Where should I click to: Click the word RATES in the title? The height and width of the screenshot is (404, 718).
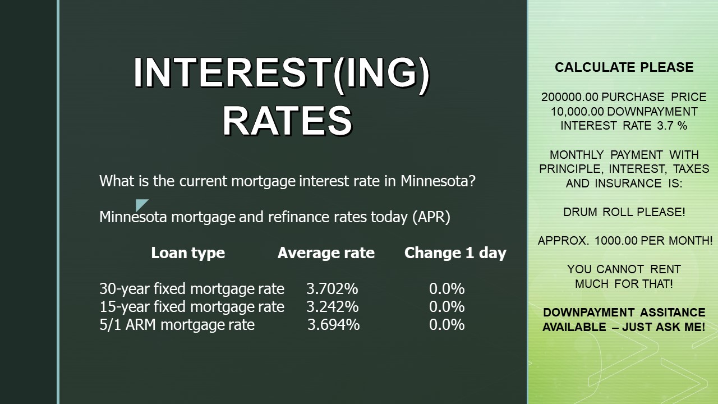tap(288, 121)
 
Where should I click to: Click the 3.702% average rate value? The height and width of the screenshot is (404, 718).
tap(332, 288)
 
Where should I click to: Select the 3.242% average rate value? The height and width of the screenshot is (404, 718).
tap(333, 306)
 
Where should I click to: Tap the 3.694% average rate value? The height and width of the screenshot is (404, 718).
tap(333, 324)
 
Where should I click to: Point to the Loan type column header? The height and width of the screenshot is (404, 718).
tap(188, 252)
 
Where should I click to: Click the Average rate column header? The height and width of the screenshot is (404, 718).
tap(326, 252)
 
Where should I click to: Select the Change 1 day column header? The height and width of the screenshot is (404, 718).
tap(455, 252)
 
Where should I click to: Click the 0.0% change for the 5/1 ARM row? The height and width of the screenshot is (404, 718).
tap(447, 324)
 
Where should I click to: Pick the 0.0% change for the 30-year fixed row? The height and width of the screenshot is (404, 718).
tap(447, 288)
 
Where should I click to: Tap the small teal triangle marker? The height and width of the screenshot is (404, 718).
tap(140, 204)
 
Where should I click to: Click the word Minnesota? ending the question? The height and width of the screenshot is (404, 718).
tap(438, 181)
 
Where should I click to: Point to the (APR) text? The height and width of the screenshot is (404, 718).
tap(431, 217)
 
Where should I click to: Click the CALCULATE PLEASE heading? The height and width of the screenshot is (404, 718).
tap(624, 67)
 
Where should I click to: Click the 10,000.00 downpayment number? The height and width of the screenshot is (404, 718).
tap(577, 112)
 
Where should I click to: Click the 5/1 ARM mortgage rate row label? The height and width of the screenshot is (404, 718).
tap(177, 324)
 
